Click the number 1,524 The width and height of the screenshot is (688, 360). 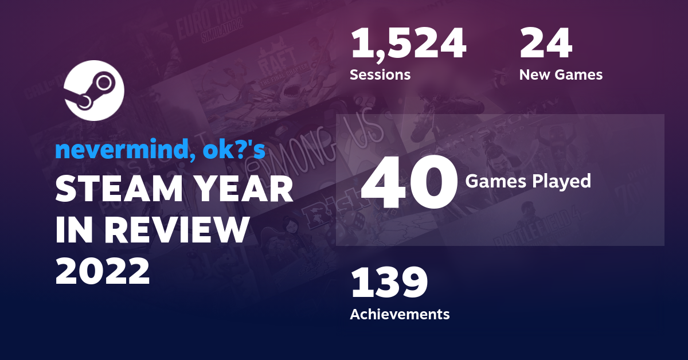(x=408, y=44)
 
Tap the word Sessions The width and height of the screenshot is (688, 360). (x=380, y=75)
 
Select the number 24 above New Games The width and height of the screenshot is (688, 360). (x=545, y=44)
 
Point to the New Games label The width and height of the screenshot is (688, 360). (x=561, y=75)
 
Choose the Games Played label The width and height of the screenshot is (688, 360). (x=527, y=181)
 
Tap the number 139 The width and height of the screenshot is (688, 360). (x=389, y=284)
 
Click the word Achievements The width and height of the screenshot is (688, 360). (x=400, y=314)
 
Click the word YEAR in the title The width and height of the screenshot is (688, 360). (x=247, y=190)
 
